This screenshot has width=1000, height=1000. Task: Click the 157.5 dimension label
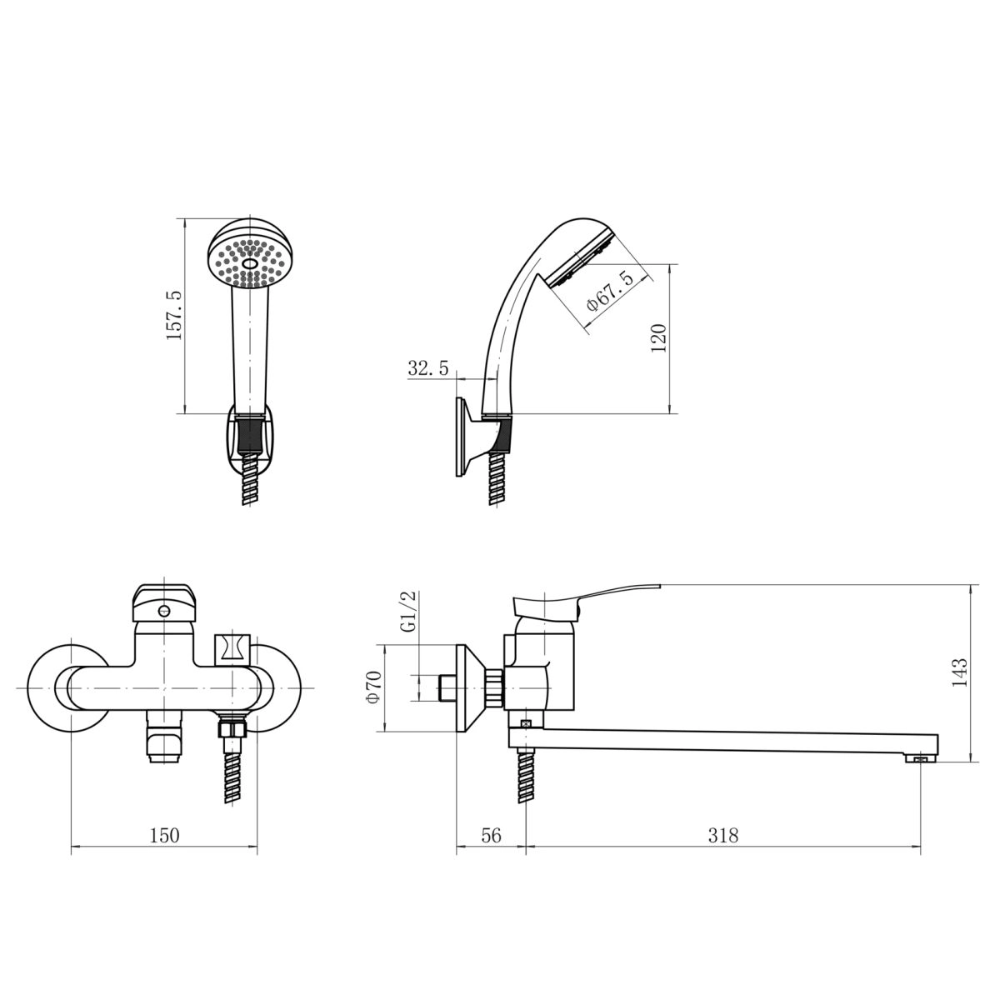(x=174, y=316)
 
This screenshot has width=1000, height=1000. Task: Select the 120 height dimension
(x=658, y=338)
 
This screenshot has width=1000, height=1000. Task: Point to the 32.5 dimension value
(x=428, y=368)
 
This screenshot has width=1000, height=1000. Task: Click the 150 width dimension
(x=164, y=836)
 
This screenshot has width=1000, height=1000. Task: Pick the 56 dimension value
(x=492, y=836)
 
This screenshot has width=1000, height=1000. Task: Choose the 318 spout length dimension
(x=722, y=836)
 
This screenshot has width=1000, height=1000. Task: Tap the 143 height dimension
(x=959, y=672)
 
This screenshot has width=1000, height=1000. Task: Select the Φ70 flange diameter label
(x=374, y=687)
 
